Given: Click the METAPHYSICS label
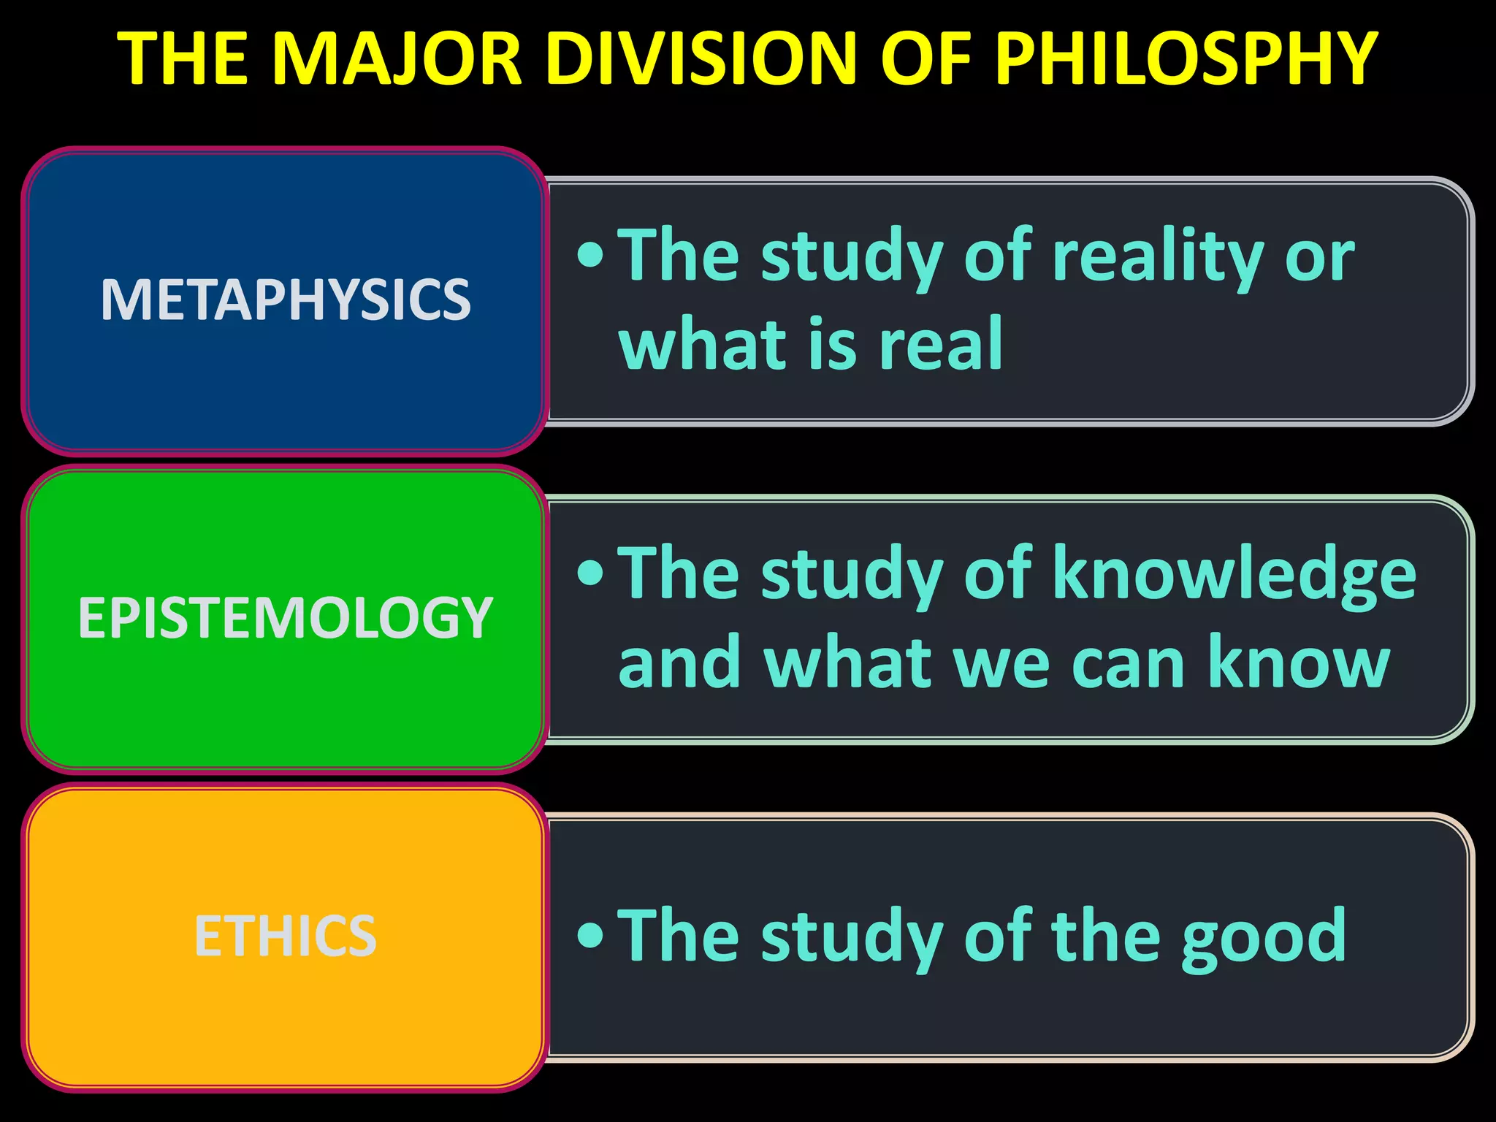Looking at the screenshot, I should point(286,299).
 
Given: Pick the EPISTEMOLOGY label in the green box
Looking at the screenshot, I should point(286,618).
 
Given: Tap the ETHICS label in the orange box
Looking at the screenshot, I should point(286,936).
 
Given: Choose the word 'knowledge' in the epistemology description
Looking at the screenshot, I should point(1234,576).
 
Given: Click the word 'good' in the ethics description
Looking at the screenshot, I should point(1264,936).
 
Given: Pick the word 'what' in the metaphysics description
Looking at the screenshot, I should point(700,345).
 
